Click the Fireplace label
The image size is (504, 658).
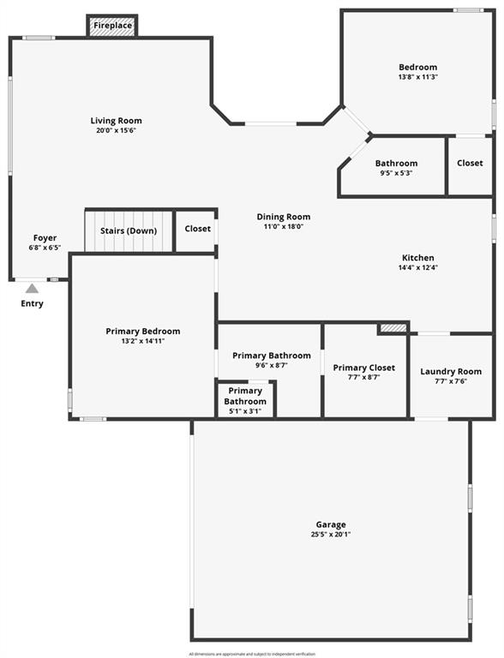coord(112,26)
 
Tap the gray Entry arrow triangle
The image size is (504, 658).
coord(32,289)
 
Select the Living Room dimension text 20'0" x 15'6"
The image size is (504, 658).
coord(117,130)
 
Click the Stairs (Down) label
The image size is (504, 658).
coord(129,230)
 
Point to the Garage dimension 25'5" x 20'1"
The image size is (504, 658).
coord(331,535)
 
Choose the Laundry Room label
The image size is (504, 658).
coord(451,371)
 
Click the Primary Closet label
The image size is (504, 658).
coord(364,368)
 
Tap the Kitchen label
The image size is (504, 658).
coord(418,258)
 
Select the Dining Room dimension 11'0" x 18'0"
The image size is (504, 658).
coord(284,226)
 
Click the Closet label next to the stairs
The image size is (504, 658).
coord(198,229)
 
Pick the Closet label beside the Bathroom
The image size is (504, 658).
coord(470,163)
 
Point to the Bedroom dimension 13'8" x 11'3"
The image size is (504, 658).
coord(418,77)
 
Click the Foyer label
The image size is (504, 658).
coord(45,238)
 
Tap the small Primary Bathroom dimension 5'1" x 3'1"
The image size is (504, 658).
coord(245,411)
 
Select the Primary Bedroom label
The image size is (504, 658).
coord(143,332)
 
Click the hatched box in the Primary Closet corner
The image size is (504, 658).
coord(393,328)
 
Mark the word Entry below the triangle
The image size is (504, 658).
coord(32,303)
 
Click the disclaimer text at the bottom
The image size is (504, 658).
coord(252,655)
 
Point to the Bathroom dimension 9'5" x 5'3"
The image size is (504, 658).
coord(397,173)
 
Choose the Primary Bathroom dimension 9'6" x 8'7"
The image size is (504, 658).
coord(272,366)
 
